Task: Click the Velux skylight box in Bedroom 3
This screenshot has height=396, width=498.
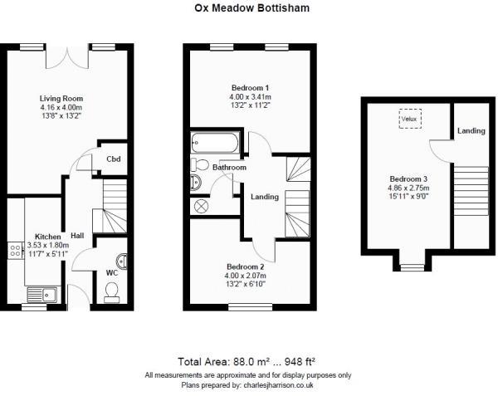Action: pos(410,119)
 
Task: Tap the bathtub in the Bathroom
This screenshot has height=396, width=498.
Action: pos(215,143)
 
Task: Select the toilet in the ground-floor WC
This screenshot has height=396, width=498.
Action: pos(111,292)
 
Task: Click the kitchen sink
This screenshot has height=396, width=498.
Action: pos(42,295)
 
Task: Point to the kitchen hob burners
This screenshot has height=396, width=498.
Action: pos(15,250)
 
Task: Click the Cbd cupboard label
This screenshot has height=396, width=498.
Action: pos(114,159)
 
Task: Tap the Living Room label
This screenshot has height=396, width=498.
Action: pos(61,99)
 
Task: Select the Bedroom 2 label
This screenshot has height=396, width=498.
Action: pos(245,266)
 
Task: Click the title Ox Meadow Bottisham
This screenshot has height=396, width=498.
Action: pos(251,8)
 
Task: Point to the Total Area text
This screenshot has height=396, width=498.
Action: pos(247,362)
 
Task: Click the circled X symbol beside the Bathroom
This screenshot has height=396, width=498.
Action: pos(201,207)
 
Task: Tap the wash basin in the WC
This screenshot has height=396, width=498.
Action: pos(122,261)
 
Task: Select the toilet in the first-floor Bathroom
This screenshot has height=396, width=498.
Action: pos(199,165)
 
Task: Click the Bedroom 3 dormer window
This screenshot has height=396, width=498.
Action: pos(412,267)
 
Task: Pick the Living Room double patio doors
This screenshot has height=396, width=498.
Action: pos(67,57)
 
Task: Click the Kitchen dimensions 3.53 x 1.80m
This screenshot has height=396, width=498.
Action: pos(48,245)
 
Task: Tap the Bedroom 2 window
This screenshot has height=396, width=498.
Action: pos(251,307)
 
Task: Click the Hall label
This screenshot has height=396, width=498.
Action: pos(77,235)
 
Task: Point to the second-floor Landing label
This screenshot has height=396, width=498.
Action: pos(471,131)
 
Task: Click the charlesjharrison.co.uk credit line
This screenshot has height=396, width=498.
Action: pos(247,385)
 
